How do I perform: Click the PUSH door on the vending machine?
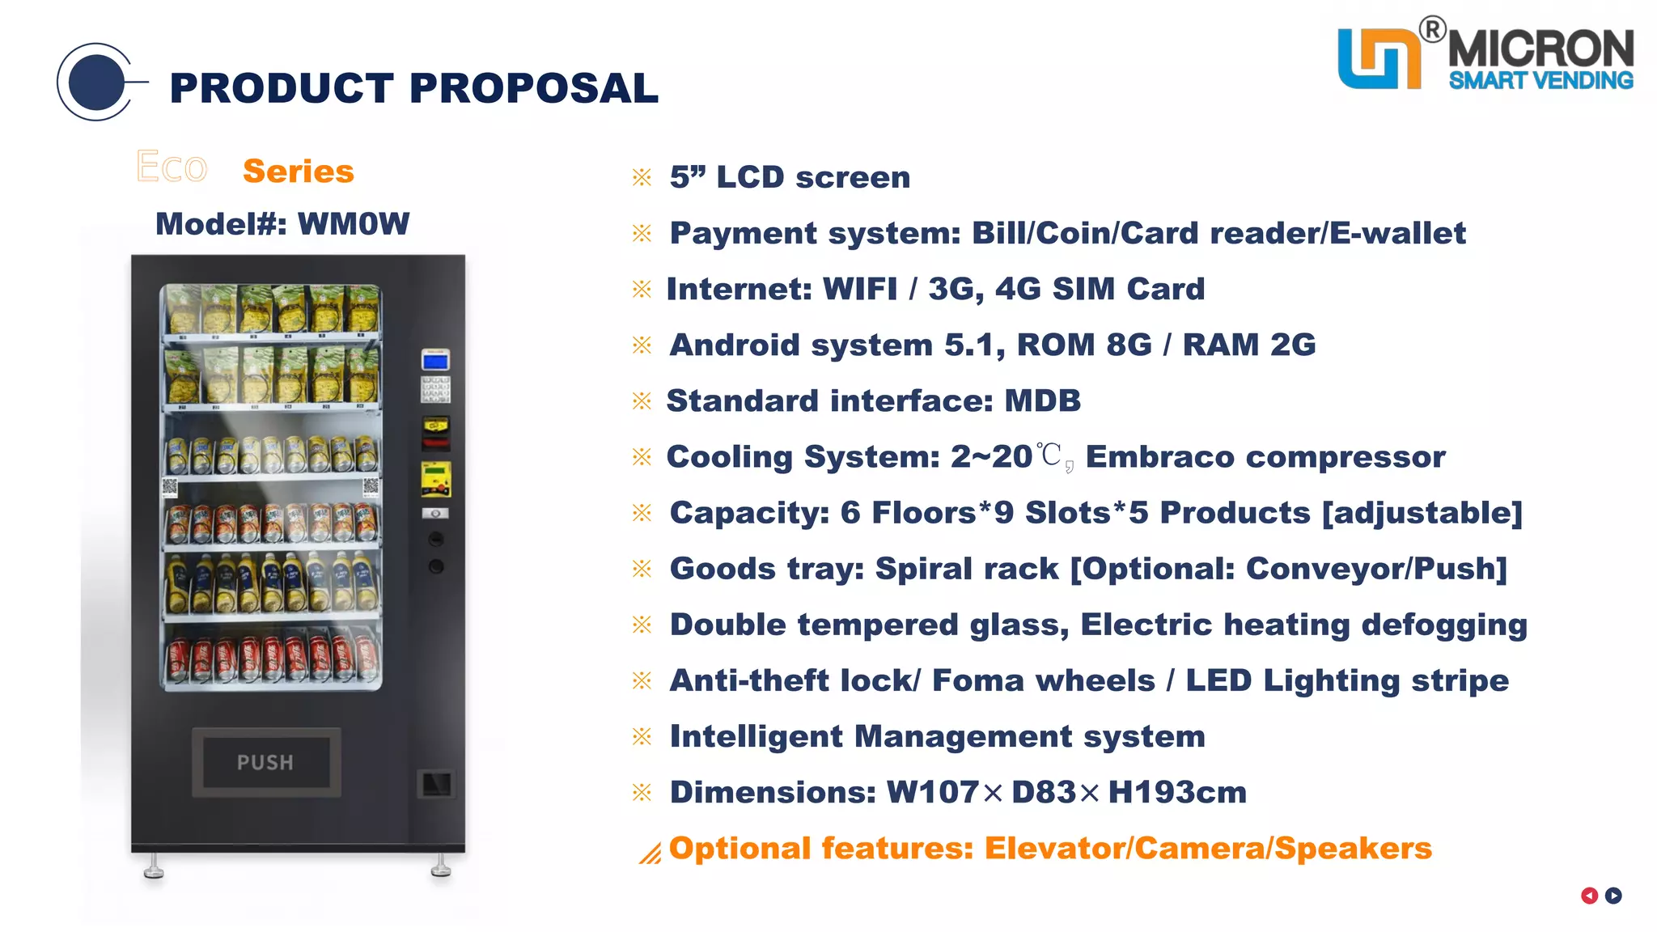tap(265, 762)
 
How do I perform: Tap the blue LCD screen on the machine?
tap(435, 361)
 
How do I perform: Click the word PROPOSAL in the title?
tap(534, 88)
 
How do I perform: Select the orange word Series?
tap(299, 172)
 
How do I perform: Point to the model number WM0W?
tap(354, 224)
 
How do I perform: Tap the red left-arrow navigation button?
tap(1589, 896)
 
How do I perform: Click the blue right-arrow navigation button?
tap(1613, 896)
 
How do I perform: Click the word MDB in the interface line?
tap(1042, 401)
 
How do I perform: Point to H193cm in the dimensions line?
tap(1177, 793)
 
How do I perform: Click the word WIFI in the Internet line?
tap(859, 290)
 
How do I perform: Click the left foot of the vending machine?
tap(153, 870)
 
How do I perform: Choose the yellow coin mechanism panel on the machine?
tap(435, 479)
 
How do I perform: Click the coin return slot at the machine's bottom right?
tap(436, 783)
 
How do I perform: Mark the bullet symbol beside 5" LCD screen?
tap(642, 177)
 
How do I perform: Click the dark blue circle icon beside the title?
tap(96, 83)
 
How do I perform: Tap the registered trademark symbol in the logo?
tap(1432, 30)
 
